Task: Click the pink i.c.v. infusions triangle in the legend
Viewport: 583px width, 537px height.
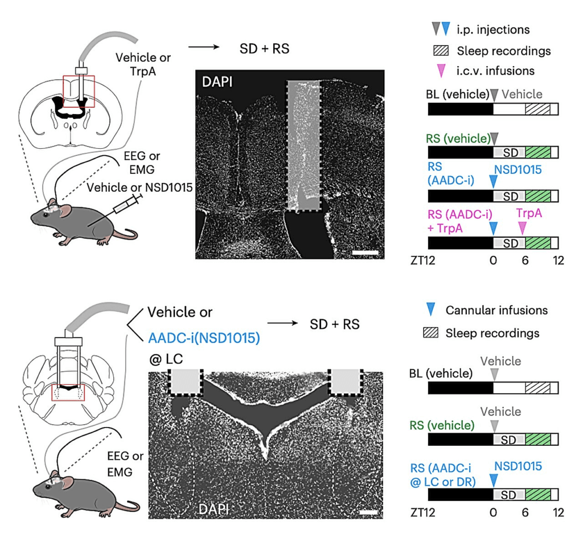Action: (441, 71)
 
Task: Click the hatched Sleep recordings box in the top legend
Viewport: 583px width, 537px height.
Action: (441, 51)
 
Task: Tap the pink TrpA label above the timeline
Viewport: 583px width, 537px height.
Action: (529, 213)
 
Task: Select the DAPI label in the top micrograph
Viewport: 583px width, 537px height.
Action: (217, 82)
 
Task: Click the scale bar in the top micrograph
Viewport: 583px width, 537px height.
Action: (365, 253)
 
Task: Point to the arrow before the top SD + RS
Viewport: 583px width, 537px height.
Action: (204, 47)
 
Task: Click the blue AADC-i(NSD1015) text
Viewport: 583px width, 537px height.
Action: (204, 338)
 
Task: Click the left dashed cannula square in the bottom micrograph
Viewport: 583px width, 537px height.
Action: (185, 383)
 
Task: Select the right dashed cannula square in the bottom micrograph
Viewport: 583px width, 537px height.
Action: (346, 383)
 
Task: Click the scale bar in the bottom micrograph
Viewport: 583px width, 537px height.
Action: (369, 512)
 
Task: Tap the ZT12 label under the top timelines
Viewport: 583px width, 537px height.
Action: (423, 261)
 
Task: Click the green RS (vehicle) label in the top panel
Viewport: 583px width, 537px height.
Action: (458, 139)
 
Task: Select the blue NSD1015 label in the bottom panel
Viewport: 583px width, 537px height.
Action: (518, 466)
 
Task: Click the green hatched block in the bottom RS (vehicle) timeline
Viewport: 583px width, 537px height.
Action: (538, 440)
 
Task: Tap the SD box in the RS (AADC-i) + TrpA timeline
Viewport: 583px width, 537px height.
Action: (510, 243)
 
